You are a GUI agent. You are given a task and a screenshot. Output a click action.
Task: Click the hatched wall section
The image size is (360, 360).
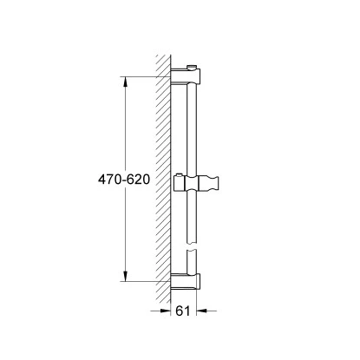[x=161, y=173]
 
